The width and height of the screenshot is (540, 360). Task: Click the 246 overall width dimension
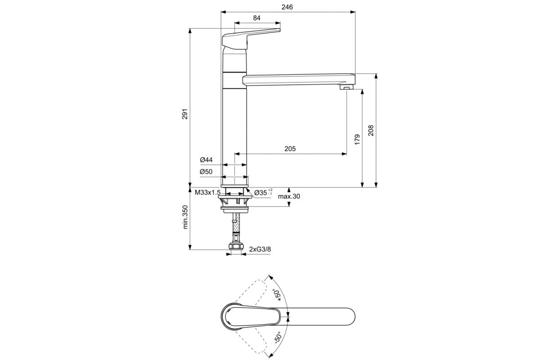288,7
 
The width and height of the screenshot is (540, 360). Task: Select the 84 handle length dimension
257,18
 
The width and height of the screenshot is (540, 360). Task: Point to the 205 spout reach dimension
290,149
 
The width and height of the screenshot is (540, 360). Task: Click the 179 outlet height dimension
356,139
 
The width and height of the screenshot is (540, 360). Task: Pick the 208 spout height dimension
370,130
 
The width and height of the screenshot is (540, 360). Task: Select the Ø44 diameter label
206,160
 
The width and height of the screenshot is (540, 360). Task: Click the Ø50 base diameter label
206,171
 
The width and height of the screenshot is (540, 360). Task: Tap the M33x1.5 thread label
207,193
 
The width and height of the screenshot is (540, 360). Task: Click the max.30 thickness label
289,197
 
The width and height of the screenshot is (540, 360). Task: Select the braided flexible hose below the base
235,231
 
